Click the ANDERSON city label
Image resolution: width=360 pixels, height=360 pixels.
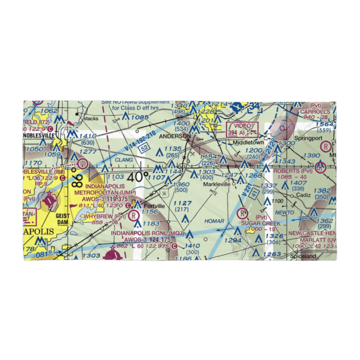(x=175, y=136)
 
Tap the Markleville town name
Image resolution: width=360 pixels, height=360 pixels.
(x=216, y=184)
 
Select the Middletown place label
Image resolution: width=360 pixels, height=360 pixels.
(x=248, y=143)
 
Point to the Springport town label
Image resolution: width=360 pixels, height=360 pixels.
(x=306, y=138)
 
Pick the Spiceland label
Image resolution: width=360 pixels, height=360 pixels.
(x=303, y=256)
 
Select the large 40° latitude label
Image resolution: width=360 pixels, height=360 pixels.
(x=138, y=177)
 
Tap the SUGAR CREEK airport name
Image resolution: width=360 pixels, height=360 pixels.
(x=261, y=224)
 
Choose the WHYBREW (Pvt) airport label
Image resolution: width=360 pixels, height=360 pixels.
(x=104, y=216)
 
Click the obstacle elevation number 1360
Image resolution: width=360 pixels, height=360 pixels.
(x=181, y=184)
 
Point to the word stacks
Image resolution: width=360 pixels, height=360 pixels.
(x=90, y=118)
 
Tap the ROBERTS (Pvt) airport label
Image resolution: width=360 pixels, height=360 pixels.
(x=293, y=171)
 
